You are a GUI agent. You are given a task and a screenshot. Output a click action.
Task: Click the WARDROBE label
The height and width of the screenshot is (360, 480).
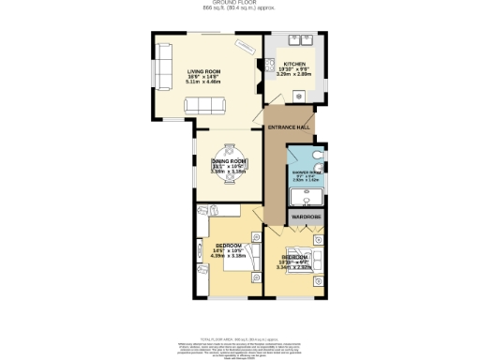(306, 217)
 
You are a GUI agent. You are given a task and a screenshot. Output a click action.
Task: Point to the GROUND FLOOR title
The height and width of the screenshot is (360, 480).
(240, 3)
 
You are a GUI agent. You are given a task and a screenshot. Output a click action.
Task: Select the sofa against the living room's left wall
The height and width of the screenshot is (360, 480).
(163, 68)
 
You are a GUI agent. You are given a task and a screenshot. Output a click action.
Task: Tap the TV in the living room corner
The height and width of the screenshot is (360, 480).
(245, 46)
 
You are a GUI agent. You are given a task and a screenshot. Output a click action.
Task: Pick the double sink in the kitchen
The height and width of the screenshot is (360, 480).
(305, 42)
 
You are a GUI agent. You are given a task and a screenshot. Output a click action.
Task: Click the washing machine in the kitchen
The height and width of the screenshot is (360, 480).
(299, 94)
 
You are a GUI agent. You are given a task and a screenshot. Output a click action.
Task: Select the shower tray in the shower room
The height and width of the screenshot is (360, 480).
(306, 196)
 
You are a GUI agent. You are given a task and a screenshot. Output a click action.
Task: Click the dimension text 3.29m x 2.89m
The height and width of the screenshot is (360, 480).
(296, 74)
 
